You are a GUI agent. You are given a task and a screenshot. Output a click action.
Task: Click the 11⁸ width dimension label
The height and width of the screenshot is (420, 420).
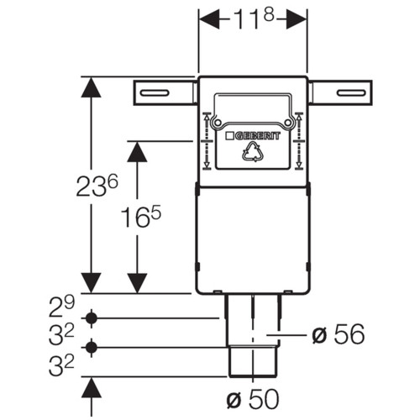pyautogui.click(x=254, y=18)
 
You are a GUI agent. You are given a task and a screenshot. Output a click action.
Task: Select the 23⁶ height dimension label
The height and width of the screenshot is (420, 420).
pyautogui.click(x=97, y=186)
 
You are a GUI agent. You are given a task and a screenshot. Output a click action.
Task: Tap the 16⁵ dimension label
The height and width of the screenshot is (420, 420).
pyautogui.click(x=141, y=217)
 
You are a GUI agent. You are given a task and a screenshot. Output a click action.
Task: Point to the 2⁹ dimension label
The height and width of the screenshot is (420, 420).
pyautogui.click(x=61, y=307)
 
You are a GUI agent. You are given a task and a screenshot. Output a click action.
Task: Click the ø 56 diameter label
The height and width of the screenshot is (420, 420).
pyautogui.click(x=339, y=334)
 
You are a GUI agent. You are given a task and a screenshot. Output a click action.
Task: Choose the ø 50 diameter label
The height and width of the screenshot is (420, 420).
pyautogui.click(x=253, y=399)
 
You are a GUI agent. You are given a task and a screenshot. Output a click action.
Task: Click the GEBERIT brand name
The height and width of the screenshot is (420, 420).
pyautogui.click(x=257, y=136)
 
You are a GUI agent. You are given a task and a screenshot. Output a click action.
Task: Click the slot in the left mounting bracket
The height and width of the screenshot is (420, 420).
pyautogui.click(x=155, y=93)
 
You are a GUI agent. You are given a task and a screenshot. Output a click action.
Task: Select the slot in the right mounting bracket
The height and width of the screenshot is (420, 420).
pyautogui.click(x=351, y=93)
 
